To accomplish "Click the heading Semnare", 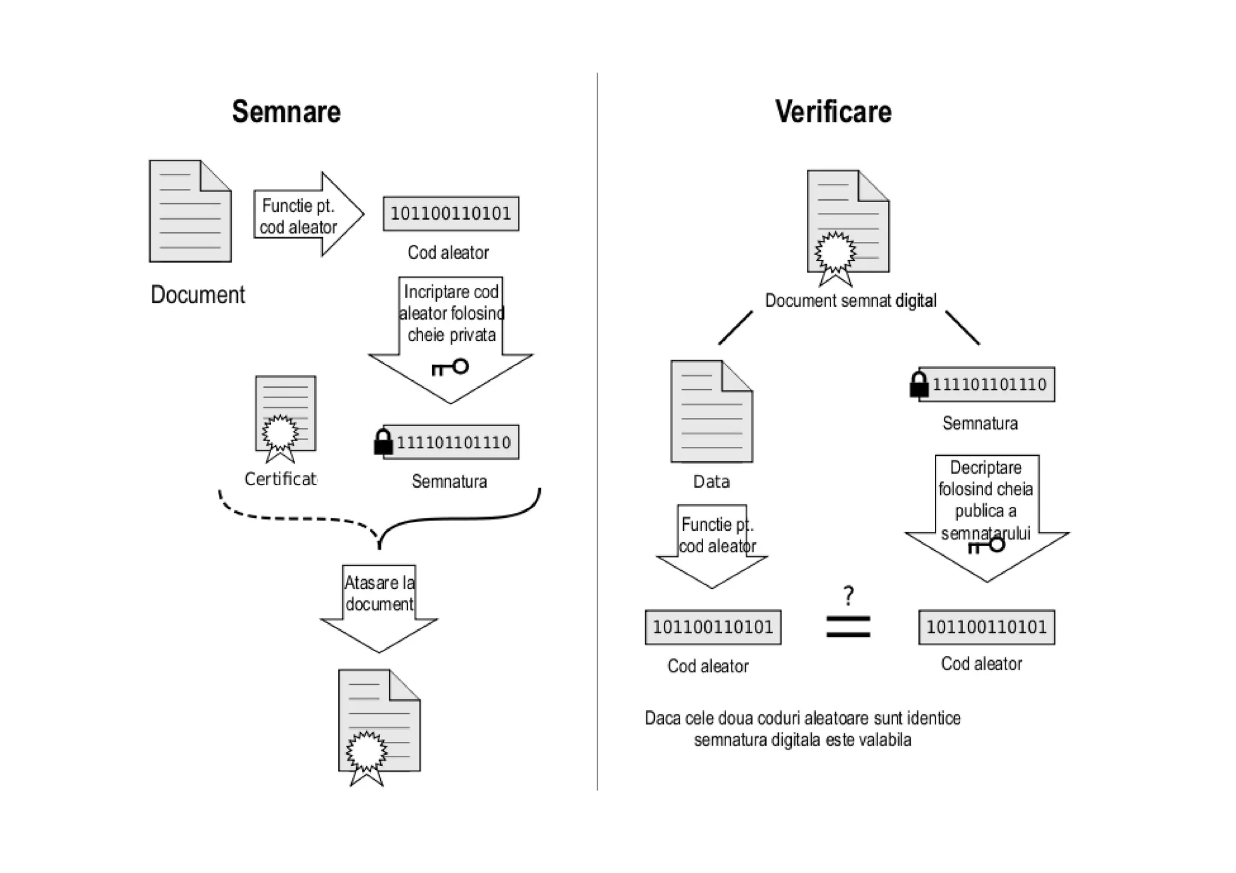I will [x=286, y=112].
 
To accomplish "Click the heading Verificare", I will [x=833, y=112].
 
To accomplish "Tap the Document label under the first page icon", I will [x=197, y=295].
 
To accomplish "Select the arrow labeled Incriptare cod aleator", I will [x=450, y=338].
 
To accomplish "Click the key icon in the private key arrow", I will [x=450, y=367].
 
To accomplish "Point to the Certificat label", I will [x=280, y=479].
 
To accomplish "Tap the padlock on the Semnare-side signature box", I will [x=383, y=442].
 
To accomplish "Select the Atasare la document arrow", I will [x=379, y=606].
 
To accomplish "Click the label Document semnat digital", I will [x=850, y=300].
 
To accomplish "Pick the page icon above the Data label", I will [x=712, y=411].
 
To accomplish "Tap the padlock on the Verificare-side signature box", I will [x=919, y=384].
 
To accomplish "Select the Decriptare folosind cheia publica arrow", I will [x=987, y=513].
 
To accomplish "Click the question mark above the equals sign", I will [x=849, y=596].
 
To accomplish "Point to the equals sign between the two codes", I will [x=848, y=627].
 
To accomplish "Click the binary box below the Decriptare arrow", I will [x=986, y=627].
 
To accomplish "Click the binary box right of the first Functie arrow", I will [x=451, y=214].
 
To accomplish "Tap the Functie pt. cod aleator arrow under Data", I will [x=713, y=543].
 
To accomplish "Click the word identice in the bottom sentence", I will [x=934, y=719].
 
